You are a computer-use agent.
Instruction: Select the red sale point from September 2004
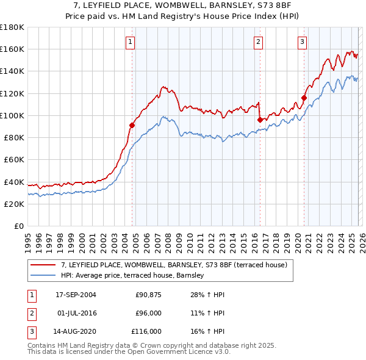[x=132, y=125]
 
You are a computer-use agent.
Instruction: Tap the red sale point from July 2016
[x=259, y=120]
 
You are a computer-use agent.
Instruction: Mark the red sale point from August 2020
[x=304, y=98]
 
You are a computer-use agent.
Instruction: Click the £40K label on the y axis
[x=13, y=182]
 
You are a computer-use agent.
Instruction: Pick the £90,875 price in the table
[x=148, y=295]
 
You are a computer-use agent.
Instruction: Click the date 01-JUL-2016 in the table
[x=76, y=313]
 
